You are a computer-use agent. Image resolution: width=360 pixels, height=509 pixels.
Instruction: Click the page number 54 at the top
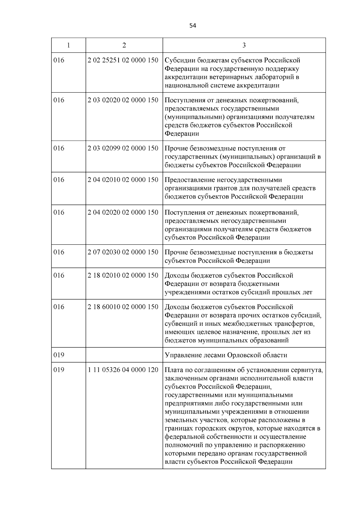[x=193, y=26]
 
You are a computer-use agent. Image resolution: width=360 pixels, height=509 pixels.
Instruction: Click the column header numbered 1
[x=69, y=45]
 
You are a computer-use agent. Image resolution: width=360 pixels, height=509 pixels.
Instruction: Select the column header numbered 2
[x=124, y=45]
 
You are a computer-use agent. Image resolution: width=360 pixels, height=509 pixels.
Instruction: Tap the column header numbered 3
[x=244, y=45]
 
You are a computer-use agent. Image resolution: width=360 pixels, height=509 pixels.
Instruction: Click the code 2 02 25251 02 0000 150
[x=123, y=60]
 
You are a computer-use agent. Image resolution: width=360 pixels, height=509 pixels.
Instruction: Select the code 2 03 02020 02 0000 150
[x=123, y=100]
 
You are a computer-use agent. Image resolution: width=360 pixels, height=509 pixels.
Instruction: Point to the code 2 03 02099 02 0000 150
[x=123, y=148]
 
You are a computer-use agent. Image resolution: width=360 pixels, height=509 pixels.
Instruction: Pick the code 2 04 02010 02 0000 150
[x=123, y=180]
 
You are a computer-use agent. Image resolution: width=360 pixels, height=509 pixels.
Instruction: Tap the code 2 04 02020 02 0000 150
[x=123, y=212]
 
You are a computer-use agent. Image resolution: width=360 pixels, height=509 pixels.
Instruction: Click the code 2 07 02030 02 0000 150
[x=123, y=252]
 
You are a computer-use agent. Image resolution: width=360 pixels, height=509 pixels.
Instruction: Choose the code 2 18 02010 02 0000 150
[x=123, y=275]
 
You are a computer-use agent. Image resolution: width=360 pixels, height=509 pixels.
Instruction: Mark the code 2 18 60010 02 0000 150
[x=123, y=307]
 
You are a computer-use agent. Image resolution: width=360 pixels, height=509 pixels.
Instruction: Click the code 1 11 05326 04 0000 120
[x=123, y=370]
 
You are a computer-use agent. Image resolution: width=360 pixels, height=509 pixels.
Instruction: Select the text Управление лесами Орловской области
[x=226, y=355]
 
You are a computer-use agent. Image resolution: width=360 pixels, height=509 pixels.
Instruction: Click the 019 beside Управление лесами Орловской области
[x=59, y=355]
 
